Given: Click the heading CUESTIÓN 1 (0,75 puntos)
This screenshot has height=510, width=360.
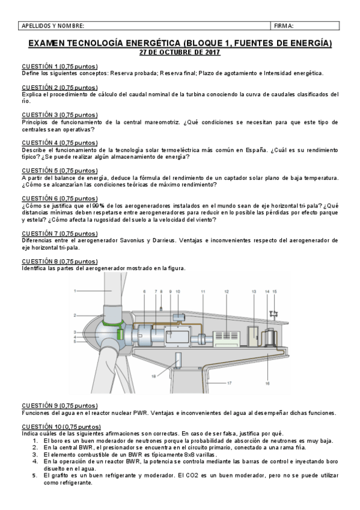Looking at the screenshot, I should (59, 66).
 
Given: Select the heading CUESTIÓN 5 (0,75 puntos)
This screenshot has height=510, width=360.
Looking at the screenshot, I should (59, 170).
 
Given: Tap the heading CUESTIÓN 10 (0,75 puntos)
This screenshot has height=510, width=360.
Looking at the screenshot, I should (61, 426).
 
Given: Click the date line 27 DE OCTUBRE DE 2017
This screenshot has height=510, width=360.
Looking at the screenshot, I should (180, 53).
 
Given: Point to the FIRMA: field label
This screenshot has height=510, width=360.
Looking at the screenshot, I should (284, 26).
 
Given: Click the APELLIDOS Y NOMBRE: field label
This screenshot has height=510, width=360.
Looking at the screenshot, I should (53, 26).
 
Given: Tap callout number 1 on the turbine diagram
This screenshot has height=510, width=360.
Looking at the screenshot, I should (76, 290).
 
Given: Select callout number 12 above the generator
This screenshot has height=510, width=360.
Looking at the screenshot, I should (227, 291).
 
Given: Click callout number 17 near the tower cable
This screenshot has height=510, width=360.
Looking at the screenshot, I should (229, 382).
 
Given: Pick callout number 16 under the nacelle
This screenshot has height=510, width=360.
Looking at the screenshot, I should (267, 382).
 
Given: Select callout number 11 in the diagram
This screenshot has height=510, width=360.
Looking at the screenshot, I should (203, 291).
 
